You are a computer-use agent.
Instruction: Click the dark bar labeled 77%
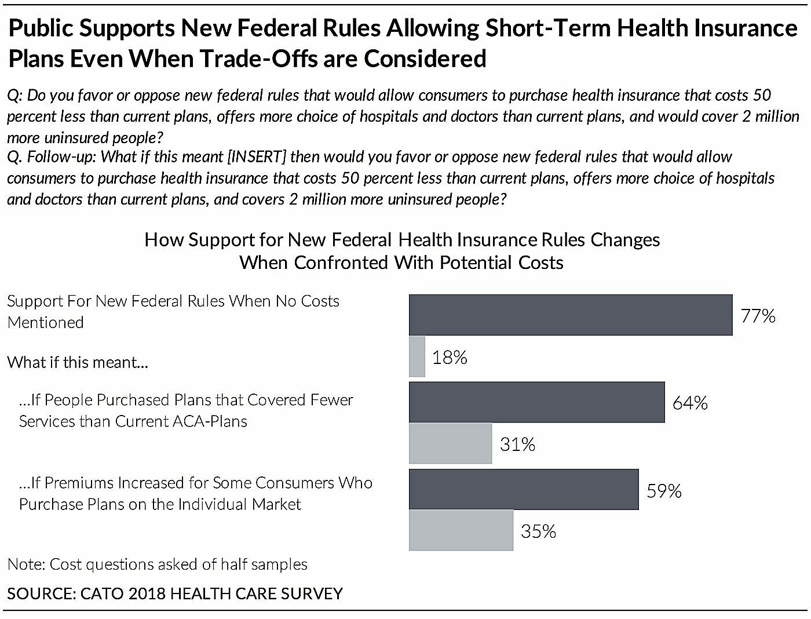pos(571,315)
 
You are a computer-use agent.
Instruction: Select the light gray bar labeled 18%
pos(417,356)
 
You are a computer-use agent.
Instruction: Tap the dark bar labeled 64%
pos(536,402)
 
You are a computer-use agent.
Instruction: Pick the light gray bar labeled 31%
pos(450,443)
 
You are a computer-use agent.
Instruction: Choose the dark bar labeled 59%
pos(524,490)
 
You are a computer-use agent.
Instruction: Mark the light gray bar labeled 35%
pos(461,530)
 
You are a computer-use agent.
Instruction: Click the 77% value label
pos(758,316)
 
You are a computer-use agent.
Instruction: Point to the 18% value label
pos(450,358)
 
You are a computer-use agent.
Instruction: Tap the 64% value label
pos(690,403)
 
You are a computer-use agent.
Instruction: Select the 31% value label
pos(517,445)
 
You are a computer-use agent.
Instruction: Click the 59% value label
pos(664,491)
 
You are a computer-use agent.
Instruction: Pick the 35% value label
pos(538,531)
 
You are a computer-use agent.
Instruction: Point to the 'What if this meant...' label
pos(78,363)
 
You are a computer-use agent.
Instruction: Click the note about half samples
pos(157,565)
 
